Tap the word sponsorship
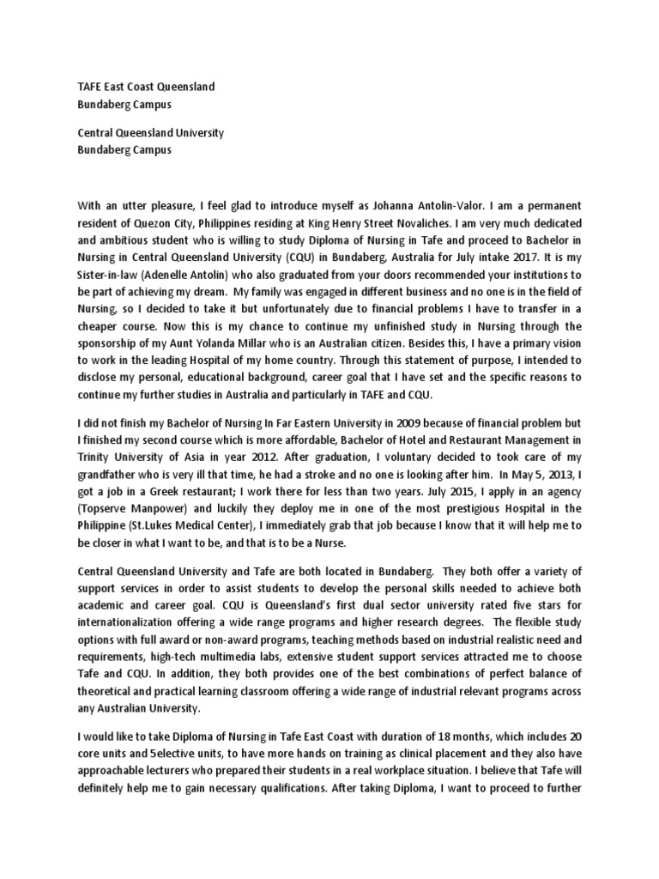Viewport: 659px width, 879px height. click(111, 343)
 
